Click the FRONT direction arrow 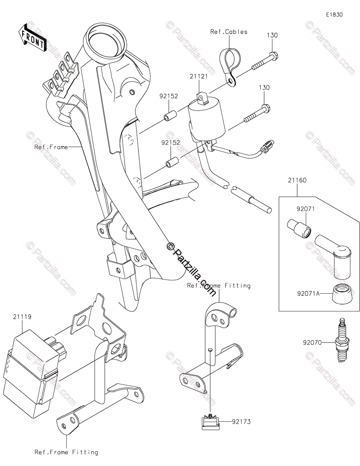pos(32,37)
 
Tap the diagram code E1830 pos(334,15)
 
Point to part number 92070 pos(312,343)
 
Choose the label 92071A pos(306,294)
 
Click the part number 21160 pos(297,180)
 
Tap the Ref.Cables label pos(229,32)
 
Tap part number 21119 pos(22,317)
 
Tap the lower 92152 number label pos(171,143)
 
